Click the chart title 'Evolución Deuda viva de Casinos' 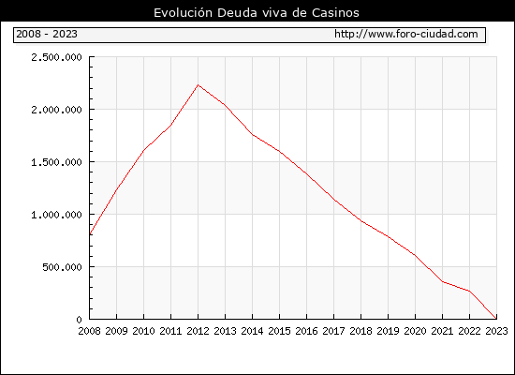[x=257, y=12]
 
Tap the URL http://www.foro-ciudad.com [x=406, y=34]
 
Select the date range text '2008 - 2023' [x=47, y=34]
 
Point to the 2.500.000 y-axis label [x=56, y=57]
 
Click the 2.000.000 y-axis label [x=56, y=110]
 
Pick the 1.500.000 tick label [x=56, y=162]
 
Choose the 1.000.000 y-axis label [x=56, y=215]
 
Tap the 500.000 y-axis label [x=62, y=267]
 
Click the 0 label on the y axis [x=79, y=320]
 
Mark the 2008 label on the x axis [x=89, y=331]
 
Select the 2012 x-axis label [x=199, y=331]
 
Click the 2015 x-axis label [x=280, y=331]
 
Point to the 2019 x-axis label [x=388, y=331]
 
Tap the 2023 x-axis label [x=496, y=331]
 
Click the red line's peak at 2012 [x=199, y=85]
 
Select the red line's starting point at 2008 [x=90, y=233]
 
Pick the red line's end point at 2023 [x=496, y=319]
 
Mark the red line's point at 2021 [x=442, y=281]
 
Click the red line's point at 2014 [x=252, y=135]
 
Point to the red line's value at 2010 [x=144, y=151]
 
